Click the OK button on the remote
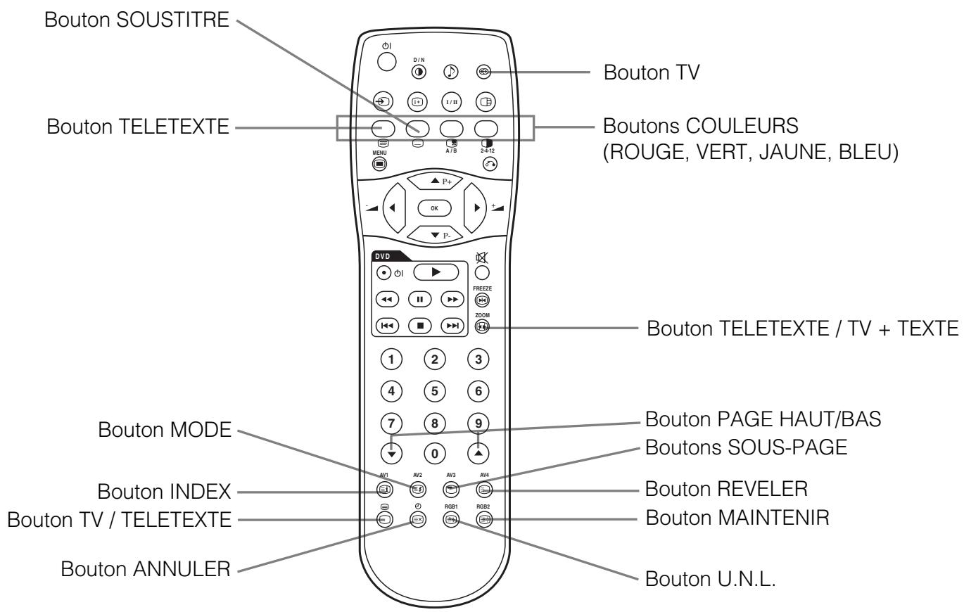pyautogui.click(x=434, y=208)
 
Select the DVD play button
pyautogui.click(x=436, y=272)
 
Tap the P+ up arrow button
pyautogui.click(x=435, y=181)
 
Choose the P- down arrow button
pyautogui.click(x=435, y=234)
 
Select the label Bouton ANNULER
pyautogui.click(x=146, y=568)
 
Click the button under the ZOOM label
pyautogui.click(x=483, y=326)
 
